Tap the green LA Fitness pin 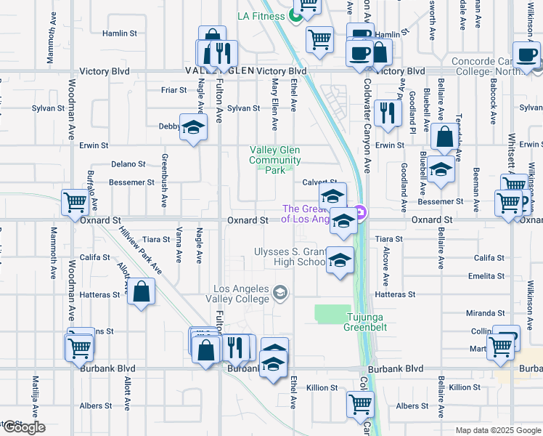(x=296, y=15)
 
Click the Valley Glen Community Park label (x=275, y=160)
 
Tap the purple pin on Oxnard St (x=362, y=213)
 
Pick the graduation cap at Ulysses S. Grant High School (x=339, y=260)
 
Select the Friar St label (x=174, y=91)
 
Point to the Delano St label (x=128, y=164)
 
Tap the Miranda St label (x=486, y=312)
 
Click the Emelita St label (x=486, y=276)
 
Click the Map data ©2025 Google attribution (x=497, y=430)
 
